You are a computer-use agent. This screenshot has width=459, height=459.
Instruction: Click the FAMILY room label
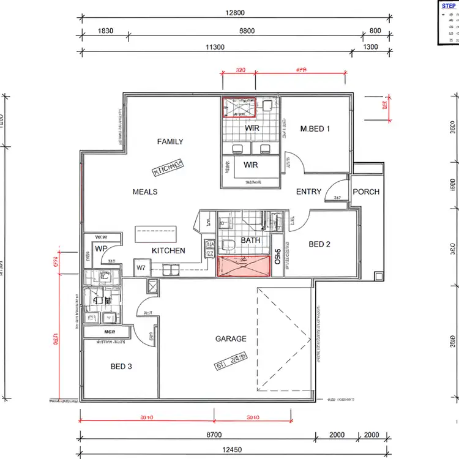(x=170, y=142)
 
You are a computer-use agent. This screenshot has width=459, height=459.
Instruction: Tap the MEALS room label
(x=145, y=192)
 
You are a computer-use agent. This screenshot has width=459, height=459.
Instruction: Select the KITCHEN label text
(x=168, y=251)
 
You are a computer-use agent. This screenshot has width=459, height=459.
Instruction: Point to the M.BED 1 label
(x=315, y=129)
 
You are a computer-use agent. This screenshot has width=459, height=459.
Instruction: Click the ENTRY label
(x=308, y=192)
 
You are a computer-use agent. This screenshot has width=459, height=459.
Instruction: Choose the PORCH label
(x=366, y=192)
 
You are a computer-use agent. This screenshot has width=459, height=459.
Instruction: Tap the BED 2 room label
(x=319, y=245)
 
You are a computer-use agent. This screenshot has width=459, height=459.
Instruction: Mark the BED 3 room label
(x=121, y=367)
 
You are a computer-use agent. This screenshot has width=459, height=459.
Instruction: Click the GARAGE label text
(x=231, y=339)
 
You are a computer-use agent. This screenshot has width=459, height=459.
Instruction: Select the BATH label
(x=250, y=241)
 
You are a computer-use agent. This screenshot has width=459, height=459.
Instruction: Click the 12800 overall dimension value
(x=234, y=13)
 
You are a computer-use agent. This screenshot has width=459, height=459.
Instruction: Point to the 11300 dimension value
(x=215, y=47)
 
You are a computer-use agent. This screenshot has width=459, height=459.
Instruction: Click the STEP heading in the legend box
(x=448, y=6)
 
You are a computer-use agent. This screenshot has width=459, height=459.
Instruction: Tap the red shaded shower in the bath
(x=244, y=267)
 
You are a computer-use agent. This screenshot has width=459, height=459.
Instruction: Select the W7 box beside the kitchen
(x=141, y=267)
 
